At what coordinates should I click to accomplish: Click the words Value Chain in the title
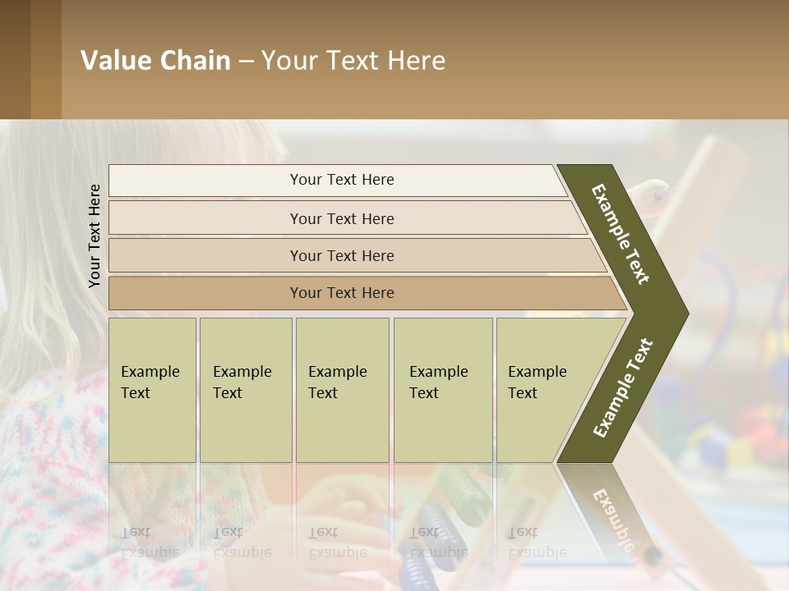155,61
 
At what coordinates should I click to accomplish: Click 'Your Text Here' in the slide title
353,61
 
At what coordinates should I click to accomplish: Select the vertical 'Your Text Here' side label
95,236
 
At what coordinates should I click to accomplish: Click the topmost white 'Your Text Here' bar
342,180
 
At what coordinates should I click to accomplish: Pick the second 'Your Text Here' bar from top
342,218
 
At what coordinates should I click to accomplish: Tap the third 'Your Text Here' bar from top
342,255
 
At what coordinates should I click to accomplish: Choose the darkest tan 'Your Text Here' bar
342,293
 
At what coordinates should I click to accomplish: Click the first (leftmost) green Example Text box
152,390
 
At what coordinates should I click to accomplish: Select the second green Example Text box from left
245,390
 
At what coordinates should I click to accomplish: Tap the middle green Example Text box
342,390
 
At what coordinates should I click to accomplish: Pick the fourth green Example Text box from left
442,390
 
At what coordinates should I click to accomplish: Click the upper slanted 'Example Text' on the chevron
621,234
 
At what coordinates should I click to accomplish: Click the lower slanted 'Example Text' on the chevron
623,388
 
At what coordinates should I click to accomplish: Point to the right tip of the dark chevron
686,314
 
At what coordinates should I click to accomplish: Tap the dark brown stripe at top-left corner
15,59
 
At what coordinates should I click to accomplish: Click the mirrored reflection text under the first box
150,543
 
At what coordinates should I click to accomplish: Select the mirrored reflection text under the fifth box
538,543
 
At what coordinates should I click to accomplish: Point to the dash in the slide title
246,62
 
